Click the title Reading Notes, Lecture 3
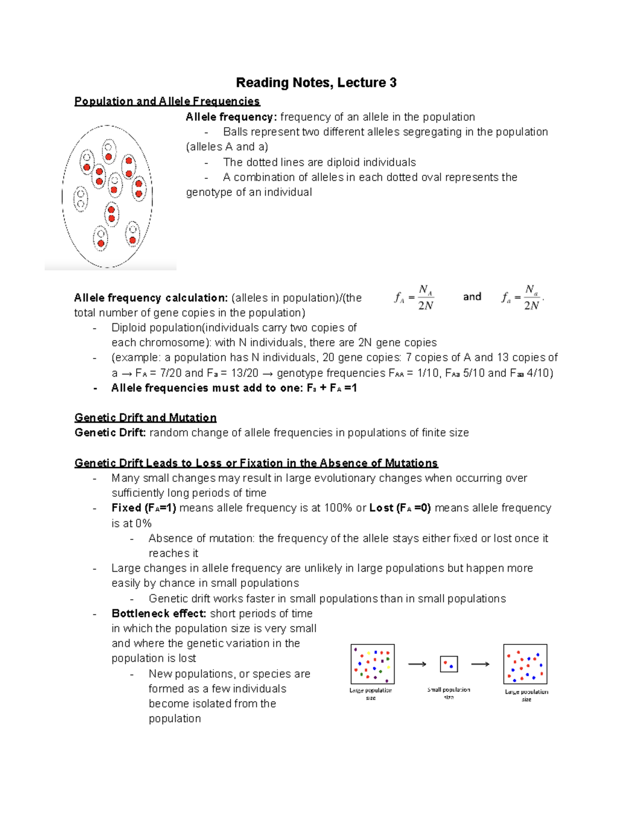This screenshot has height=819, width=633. pos(316,83)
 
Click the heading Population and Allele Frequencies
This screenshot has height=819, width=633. pos(167,101)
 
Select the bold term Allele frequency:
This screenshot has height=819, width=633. pos(231,117)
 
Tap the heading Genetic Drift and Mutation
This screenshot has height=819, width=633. pos(145,418)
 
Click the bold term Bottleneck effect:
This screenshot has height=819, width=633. pos(159,613)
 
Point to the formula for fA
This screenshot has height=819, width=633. pos(415,298)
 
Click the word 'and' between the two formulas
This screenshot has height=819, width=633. pos(472,297)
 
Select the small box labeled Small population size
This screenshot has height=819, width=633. pos(449,664)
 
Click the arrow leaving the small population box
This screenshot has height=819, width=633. pos(480,664)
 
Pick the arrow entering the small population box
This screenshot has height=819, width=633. pos(417,664)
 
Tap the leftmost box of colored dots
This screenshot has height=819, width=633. pos(372,664)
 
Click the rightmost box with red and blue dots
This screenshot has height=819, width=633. pos(525,664)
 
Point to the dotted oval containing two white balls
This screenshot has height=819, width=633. pos(81,199)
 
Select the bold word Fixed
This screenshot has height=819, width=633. pos(126,508)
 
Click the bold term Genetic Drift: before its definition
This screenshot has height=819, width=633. pos(110,433)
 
